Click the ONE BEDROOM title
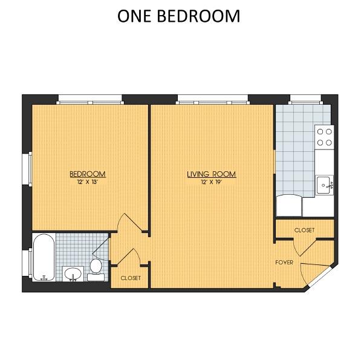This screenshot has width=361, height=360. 178,16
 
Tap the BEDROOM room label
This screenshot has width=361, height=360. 88,174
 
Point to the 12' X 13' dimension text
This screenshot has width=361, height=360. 88,182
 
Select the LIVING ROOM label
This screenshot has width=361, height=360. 212,174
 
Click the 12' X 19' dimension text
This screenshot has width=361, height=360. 212,182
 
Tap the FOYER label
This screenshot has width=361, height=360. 284,263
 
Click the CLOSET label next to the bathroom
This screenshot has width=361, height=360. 131,278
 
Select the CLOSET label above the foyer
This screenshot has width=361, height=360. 304,230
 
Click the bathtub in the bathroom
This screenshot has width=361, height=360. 44,257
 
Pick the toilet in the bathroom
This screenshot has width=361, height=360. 96,269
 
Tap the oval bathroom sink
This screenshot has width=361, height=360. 73,274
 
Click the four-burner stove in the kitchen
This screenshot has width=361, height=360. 324,137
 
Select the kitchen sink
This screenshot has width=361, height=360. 324,185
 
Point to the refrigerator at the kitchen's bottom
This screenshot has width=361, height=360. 289,206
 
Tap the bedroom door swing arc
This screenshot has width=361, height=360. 132,220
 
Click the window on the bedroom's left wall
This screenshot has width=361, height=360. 30,169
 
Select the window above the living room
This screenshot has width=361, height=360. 213,100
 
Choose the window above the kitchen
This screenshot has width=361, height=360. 305,100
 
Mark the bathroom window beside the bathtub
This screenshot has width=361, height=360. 30,263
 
